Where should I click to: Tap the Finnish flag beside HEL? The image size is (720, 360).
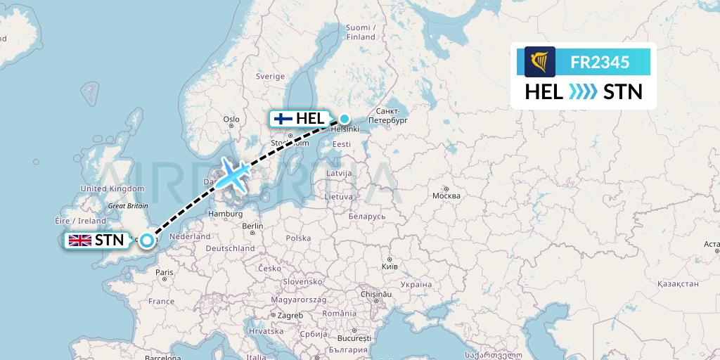[283, 119]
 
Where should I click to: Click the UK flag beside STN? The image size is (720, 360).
[80, 240]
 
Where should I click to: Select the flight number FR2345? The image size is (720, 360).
[600, 62]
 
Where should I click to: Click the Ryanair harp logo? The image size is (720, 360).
[539, 62]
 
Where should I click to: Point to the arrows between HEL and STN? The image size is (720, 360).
[584, 91]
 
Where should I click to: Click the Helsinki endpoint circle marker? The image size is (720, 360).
[345, 119]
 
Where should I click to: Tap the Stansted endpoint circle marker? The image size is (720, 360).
[146, 240]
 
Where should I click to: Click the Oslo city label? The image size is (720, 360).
[231, 120]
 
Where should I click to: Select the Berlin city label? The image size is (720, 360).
[252, 226]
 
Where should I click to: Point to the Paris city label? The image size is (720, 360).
[165, 272]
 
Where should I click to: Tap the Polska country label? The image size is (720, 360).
[298, 238]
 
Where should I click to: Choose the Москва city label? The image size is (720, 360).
[446, 195]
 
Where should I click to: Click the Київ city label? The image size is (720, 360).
[389, 266]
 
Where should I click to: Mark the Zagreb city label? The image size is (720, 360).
[290, 316]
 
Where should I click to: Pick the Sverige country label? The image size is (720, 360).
[270, 76]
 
